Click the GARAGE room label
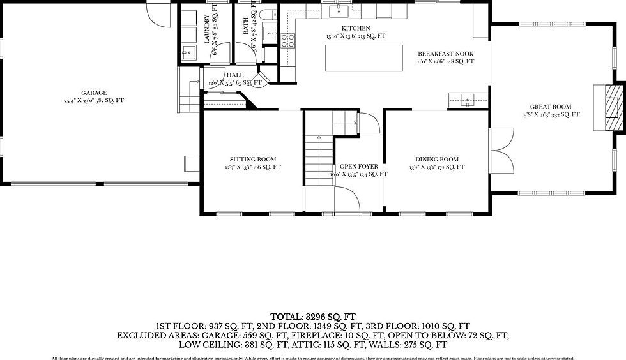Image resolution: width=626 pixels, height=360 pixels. pyautogui.click(x=94, y=93)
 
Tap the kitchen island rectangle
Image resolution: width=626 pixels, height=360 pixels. pyautogui.click(x=364, y=58)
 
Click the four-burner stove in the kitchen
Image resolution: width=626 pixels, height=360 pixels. pyautogui.click(x=288, y=41)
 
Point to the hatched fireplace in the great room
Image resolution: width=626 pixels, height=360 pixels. pyautogui.click(x=613, y=107)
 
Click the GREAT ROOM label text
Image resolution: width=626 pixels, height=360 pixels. pyautogui.click(x=550, y=107)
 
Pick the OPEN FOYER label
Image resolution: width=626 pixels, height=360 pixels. pyautogui.click(x=358, y=167)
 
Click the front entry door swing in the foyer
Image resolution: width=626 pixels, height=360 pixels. pyautogui.click(x=347, y=201)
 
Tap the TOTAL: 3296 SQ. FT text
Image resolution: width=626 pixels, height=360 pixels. pyautogui.click(x=313, y=316)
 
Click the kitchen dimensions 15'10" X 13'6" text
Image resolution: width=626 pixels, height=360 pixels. pyautogui.click(x=356, y=37)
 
